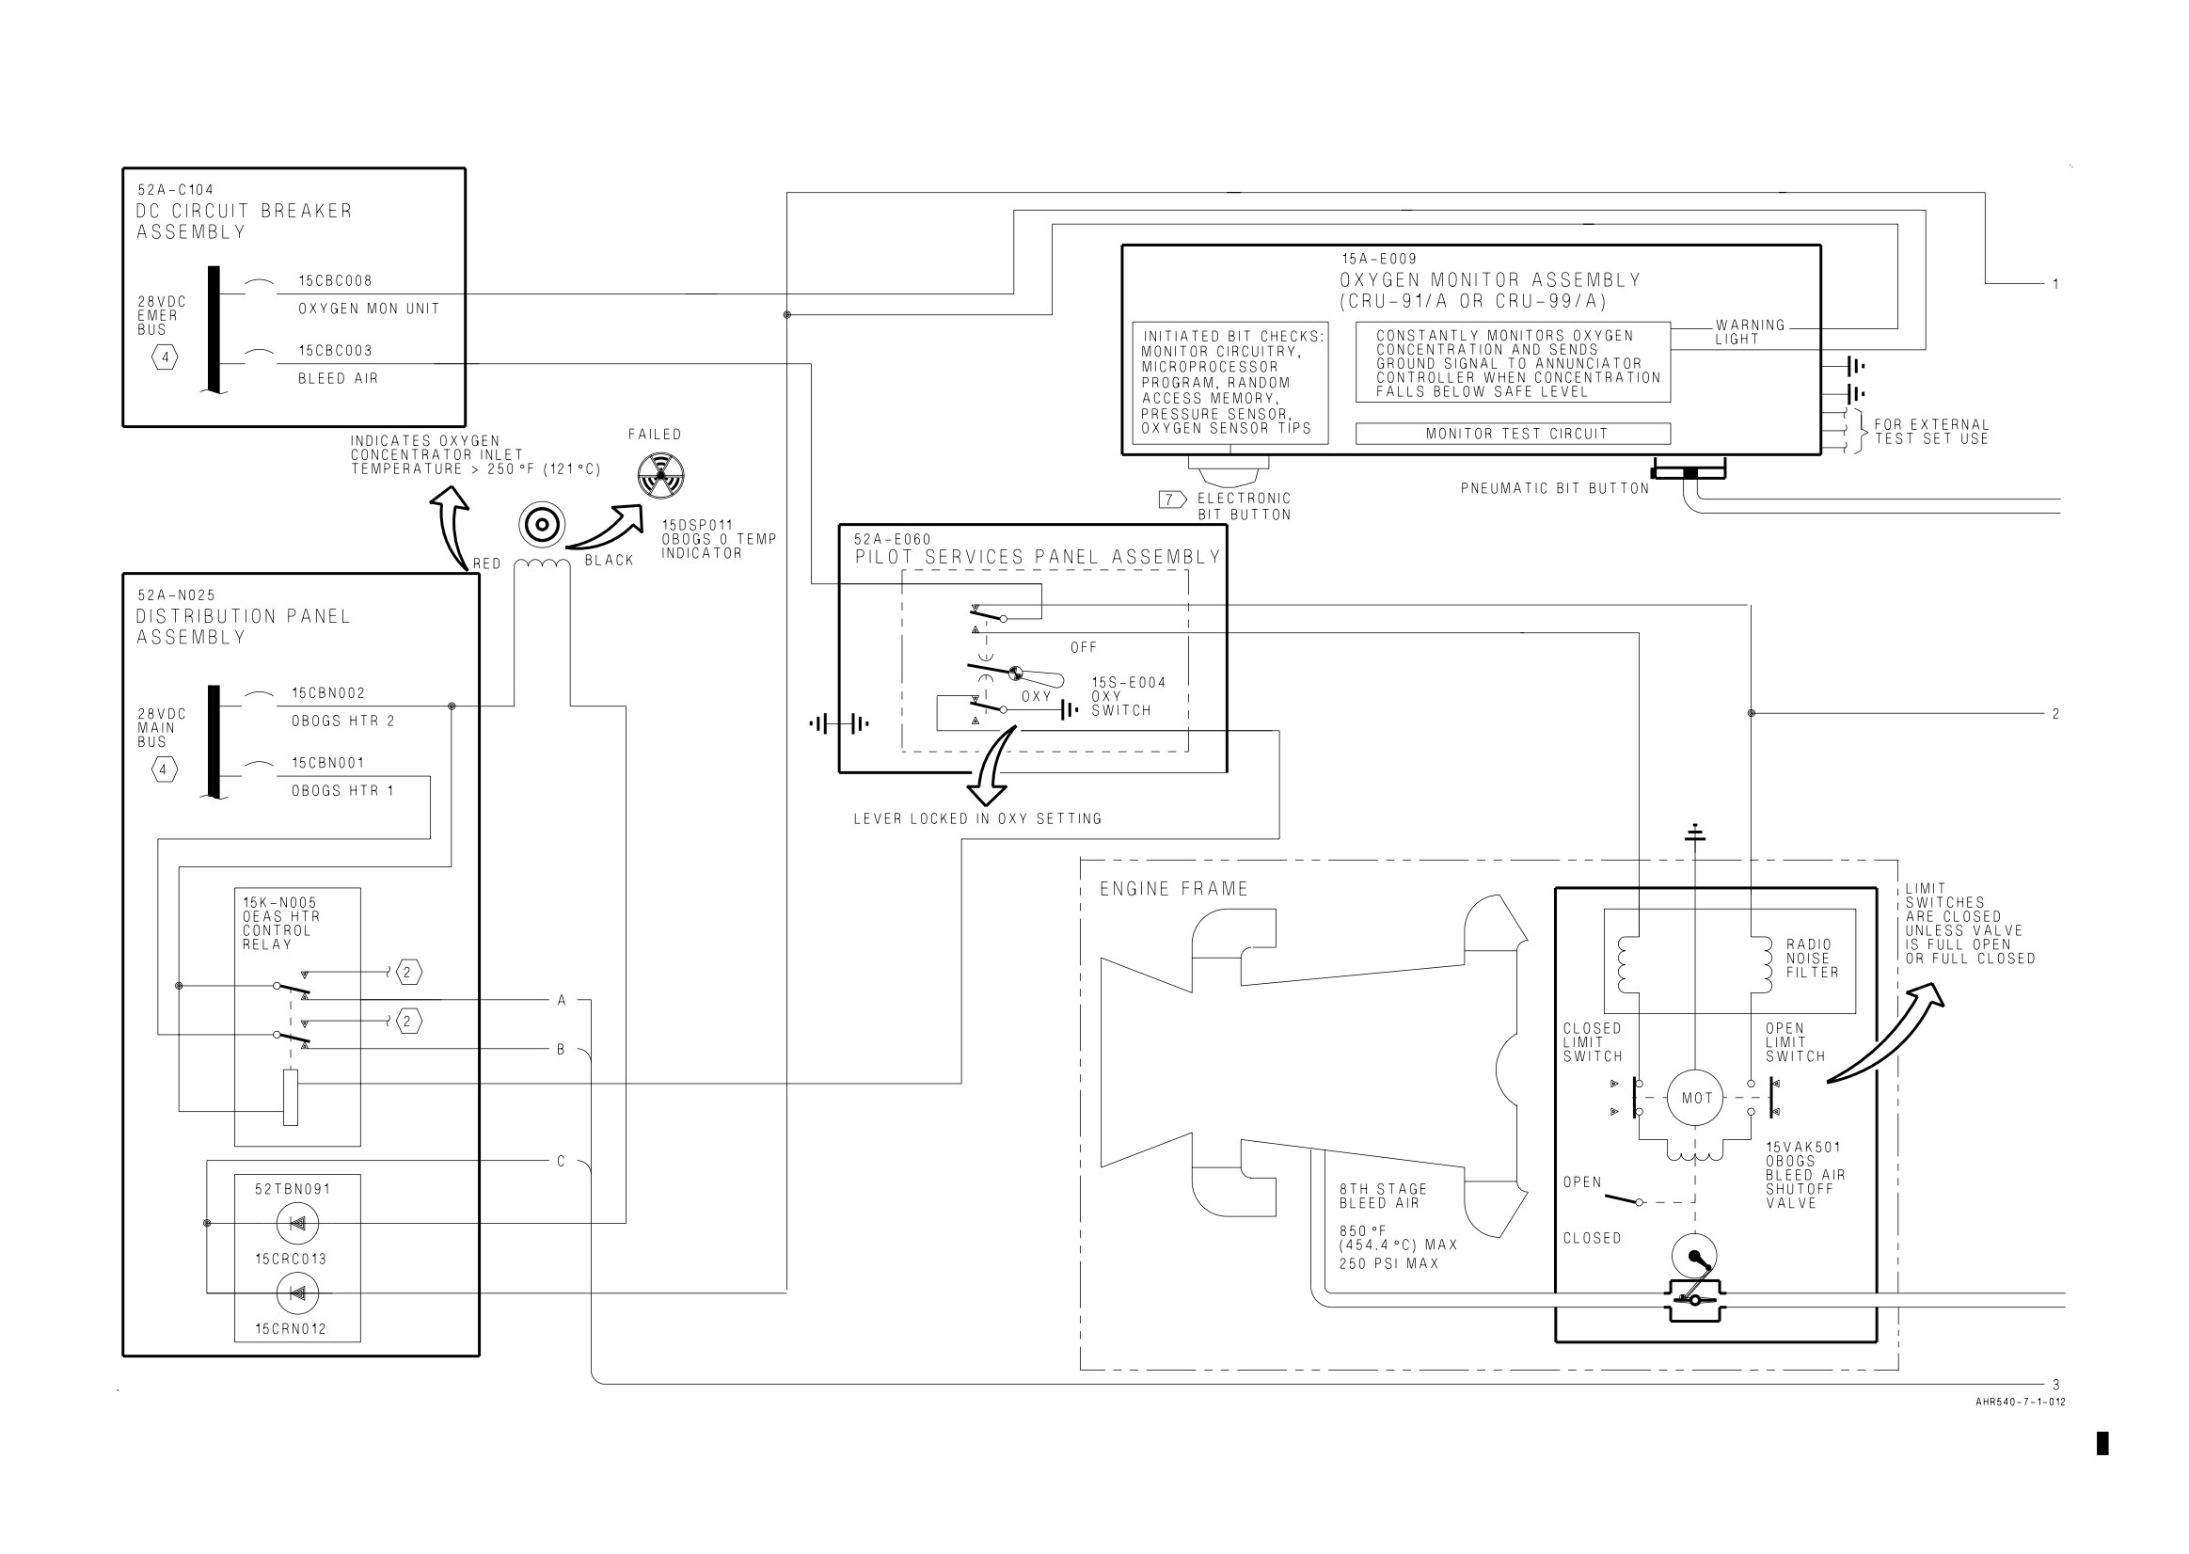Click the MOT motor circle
point(1695,1098)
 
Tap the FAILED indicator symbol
point(661,476)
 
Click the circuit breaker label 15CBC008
point(335,281)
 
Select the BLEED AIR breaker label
point(338,379)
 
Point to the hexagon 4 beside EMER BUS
point(166,358)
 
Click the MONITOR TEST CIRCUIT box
point(1513,434)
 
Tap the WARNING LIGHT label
point(1750,332)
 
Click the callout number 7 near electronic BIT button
point(1172,499)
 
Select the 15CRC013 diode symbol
point(297,1223)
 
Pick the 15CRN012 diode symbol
point(297,1293)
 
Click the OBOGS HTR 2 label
point(342,721)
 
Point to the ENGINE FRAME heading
point(1174,889)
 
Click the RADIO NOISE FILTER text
point(1812,959)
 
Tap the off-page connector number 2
point(2056,714)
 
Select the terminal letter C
point(562,1162)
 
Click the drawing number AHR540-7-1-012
point(2021,1403)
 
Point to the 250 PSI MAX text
point(1388,1264)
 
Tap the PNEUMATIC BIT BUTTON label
point(1555,489)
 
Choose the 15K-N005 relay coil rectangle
point(291,1099)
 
